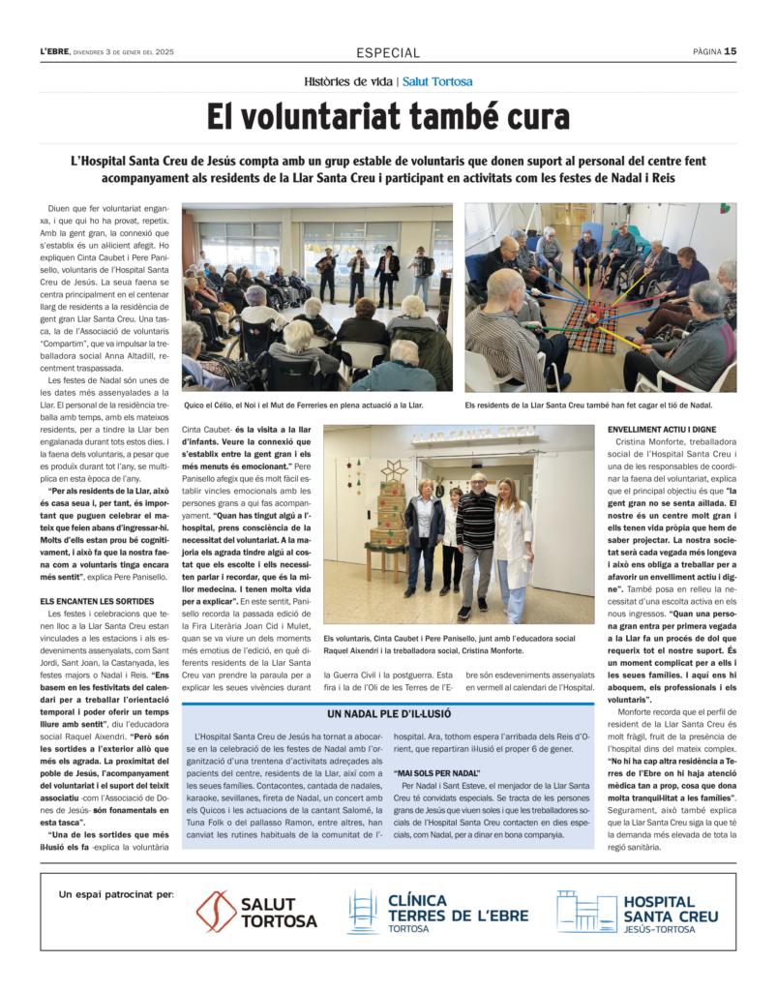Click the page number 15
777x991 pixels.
coord(731,51)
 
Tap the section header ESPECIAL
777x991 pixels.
coord(388,53)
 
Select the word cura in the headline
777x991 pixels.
coord(529,117)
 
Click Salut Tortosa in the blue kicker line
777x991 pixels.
coord(437,82)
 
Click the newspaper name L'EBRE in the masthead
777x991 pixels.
coord(55,52)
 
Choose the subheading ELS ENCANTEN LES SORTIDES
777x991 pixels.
coord(99,601)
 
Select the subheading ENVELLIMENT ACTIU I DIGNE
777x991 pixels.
coord(662,428)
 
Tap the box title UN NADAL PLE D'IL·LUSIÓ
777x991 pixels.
coord(387,714)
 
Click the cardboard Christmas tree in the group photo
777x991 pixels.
coord(392,516)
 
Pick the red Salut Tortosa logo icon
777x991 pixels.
coord(216,912)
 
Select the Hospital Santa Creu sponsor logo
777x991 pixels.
coord(639,912)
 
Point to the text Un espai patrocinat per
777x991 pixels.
coord(116,894)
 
